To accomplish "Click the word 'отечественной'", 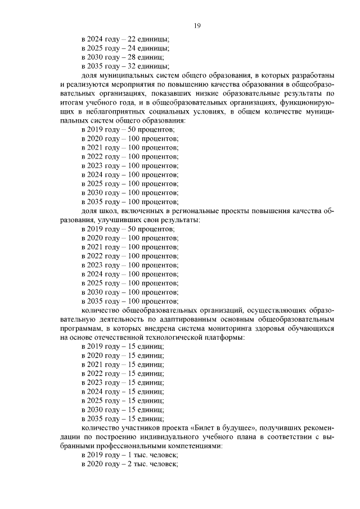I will point(110,337).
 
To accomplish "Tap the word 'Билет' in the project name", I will point(201,427).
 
